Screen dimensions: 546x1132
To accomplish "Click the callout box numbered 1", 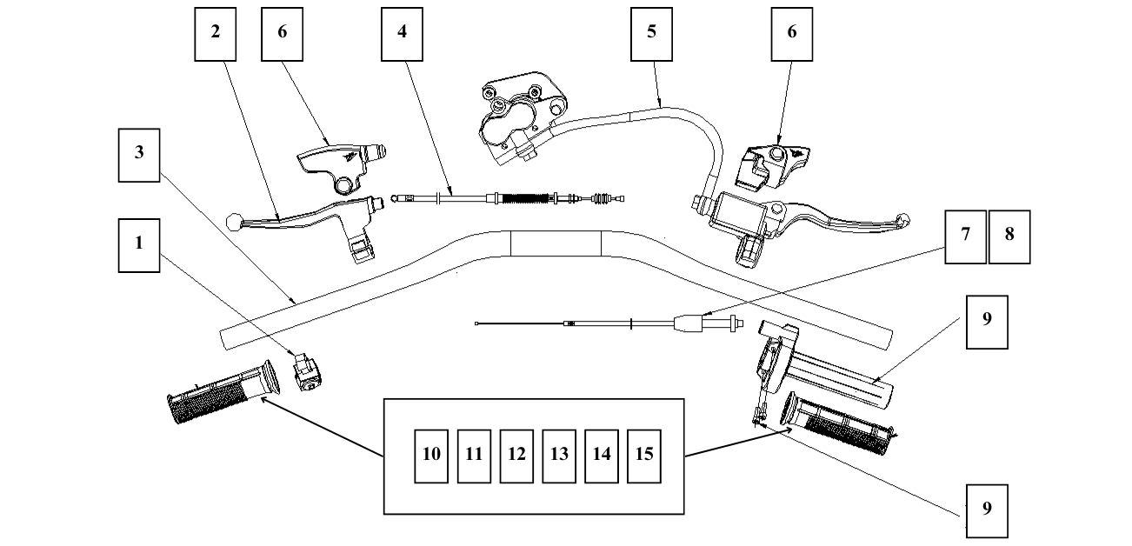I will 138,243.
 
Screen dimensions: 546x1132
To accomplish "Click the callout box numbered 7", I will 965,236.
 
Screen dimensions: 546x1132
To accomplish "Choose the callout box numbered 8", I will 1009,236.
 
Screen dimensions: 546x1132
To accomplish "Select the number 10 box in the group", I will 431,455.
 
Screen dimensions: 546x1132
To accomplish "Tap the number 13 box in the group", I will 559,455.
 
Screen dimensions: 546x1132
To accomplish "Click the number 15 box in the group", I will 644,455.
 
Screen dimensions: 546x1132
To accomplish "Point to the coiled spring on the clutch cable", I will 527,199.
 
